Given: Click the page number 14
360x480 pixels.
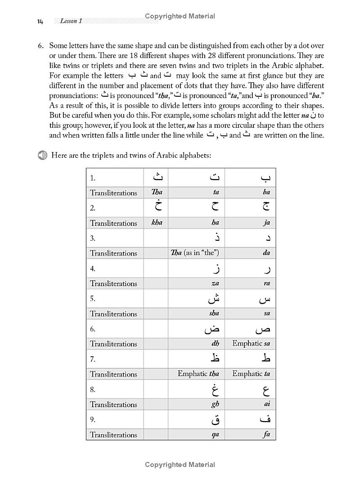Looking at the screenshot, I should point(40,22).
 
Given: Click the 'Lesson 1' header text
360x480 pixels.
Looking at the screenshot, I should point(71,21).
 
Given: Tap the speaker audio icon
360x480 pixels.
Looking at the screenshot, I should point(42,155).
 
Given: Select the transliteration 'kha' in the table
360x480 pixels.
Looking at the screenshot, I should point(157,223).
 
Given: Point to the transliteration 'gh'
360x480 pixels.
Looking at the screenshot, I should point(215,404).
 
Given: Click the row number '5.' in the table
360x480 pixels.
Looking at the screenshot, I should point(93,298).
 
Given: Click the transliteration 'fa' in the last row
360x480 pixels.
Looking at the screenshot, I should point(266,435).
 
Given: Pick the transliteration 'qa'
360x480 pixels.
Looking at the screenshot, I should point(215,435).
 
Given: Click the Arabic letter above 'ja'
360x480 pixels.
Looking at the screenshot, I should point(266,207).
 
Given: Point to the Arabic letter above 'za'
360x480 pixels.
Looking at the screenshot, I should point(216,269).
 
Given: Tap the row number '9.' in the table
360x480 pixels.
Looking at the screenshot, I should point(93,419).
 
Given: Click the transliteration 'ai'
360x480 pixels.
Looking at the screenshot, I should point(267,404).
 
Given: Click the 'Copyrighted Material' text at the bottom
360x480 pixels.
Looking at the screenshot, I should point(180,465).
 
